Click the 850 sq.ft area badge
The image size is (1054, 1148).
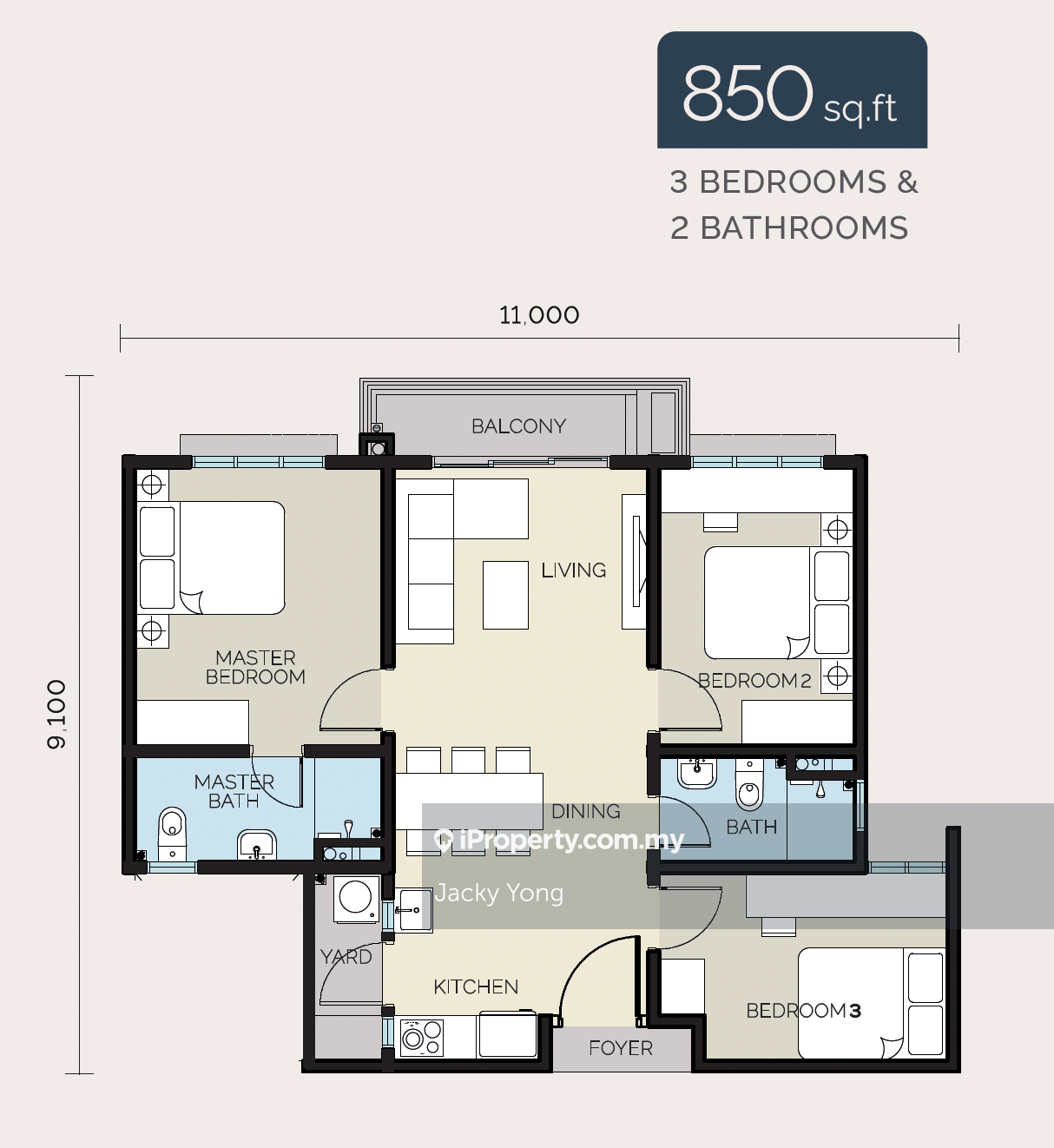(792, 89)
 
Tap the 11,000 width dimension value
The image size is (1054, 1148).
(539, 315)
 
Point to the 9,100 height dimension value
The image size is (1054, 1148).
(56, 714)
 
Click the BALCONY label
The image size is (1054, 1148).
(518, 426)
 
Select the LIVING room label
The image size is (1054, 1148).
(573, 570)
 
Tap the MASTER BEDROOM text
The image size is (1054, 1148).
(255, 667)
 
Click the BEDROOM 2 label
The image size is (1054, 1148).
(754, 681)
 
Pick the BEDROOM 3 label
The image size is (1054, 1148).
(803, 1011)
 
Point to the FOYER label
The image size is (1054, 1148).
(621, 1048)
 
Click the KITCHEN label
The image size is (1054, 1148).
(476, 986)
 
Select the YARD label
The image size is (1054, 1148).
(346, 957)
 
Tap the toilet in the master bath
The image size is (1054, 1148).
(172, 834)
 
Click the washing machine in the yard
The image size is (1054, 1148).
(356, 899)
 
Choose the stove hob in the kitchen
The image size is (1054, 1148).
(422, 1038)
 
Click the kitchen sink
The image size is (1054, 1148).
(413, 910)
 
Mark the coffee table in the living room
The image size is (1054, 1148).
(505, 595)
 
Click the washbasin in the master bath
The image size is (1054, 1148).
(257, 845)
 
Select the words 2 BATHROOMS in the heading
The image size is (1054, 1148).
(789, 228)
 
